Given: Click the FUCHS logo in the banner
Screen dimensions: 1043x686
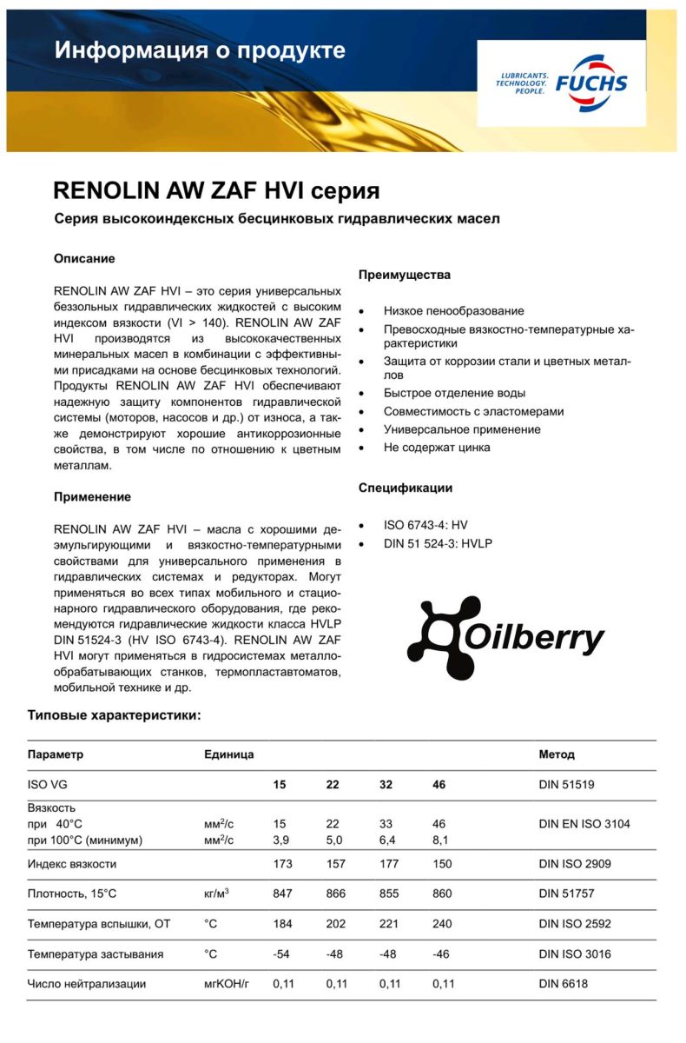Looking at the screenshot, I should pos(562,83).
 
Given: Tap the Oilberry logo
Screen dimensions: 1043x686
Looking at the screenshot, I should pos(506,638).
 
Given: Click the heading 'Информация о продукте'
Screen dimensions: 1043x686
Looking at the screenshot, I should pos(200,50).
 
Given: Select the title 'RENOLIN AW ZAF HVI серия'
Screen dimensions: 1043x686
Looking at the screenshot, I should pos(216,190).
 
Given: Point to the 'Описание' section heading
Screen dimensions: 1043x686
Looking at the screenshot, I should pos(84,259).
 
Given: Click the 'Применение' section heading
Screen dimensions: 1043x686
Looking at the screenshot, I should pos(93,497).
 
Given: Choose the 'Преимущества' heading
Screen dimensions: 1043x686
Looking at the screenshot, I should pos(405,275).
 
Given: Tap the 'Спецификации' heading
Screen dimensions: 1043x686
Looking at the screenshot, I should pos(406,488).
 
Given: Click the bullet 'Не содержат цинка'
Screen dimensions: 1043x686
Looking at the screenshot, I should pos(437,448).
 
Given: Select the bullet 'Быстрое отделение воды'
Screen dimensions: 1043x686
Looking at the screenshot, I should pos(455,393).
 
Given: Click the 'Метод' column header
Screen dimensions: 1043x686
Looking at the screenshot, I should pos(557,754).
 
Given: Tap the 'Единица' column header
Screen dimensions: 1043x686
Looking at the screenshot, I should pos(228,754).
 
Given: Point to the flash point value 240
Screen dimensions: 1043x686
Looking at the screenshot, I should pos(442,924).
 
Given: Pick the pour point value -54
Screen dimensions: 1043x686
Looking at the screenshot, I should pos(281,954).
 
